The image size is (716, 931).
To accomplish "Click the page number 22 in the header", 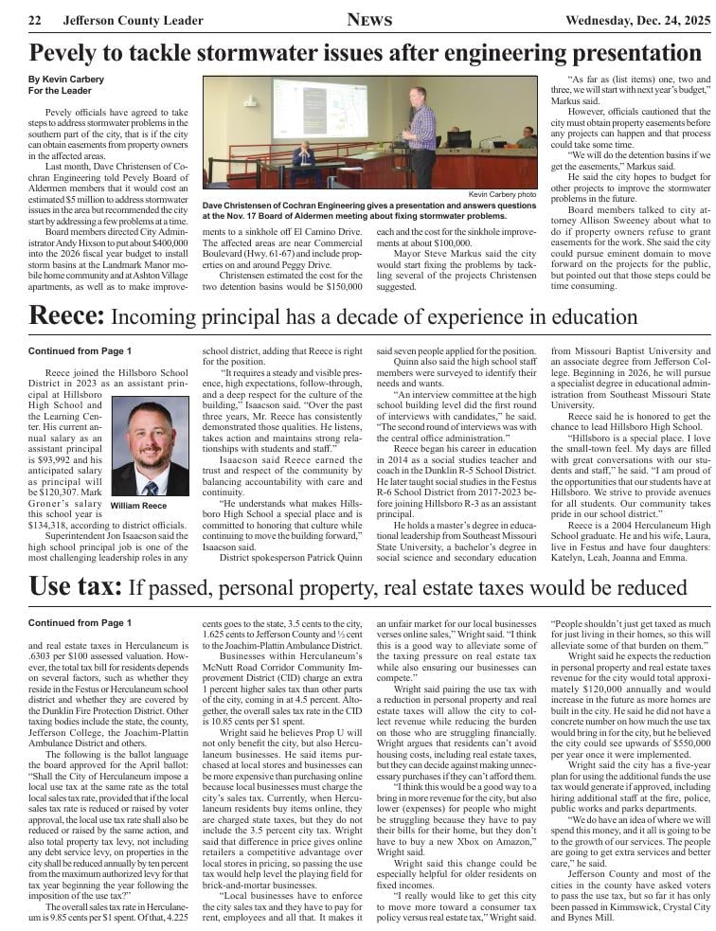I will (34, 21).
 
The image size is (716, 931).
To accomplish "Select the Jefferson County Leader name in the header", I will (133, 21).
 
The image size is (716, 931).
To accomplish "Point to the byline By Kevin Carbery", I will (65, 80).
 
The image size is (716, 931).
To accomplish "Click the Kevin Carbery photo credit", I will (502, 194).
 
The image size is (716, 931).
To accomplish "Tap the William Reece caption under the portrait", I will (138, 506).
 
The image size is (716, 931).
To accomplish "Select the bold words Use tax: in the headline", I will (76, 588).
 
